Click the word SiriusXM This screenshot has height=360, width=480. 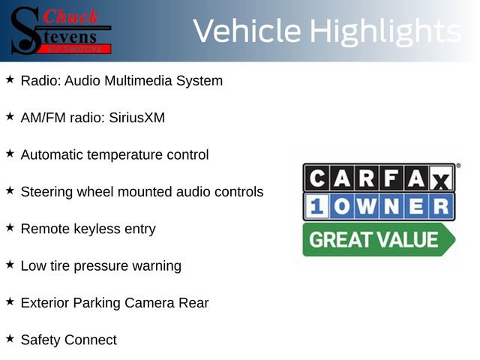click(136, 118)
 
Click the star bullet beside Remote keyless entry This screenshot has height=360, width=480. click(10, 226)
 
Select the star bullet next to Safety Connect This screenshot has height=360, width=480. click(10, 338)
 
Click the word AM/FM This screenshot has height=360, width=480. click(43, 118)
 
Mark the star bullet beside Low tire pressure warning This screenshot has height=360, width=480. click(10, 264)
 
